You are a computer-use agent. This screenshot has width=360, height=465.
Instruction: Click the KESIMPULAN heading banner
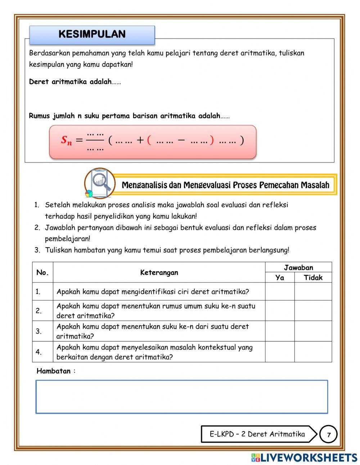tap(92, 35)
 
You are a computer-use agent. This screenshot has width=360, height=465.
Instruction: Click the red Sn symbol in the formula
tap(66, 140)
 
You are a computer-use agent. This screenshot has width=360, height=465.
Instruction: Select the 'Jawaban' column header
tap(298, 267)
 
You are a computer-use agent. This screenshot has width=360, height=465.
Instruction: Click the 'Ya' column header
tap(280, 277)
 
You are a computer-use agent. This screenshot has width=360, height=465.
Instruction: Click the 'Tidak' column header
tap(313, 277)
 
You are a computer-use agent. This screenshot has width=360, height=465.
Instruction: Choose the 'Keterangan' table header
tap(159, 272)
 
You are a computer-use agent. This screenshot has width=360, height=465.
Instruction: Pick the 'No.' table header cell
tap(42, 272)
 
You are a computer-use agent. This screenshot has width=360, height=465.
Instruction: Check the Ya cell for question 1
tap(280, 291)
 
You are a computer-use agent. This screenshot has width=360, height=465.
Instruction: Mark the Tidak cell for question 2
tap(313, 310)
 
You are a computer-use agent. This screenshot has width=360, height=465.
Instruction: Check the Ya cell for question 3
tap(280, 331)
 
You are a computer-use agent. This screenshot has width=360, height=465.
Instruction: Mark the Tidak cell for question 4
tap(313, 352)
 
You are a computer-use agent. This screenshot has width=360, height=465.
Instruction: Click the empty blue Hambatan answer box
tap(182, 397)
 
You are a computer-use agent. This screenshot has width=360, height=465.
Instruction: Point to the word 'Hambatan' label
tap(54, 371)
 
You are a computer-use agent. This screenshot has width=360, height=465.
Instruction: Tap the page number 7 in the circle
tap(328, 434)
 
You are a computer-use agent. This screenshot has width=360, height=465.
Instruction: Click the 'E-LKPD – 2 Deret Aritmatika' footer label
tap(257, 434)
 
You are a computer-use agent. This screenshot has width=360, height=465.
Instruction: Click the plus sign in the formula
tap(140, 140)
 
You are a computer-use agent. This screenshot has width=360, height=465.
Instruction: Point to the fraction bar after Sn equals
tap(95, 140)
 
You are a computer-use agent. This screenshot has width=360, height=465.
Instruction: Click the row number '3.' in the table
tap(38, 331)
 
